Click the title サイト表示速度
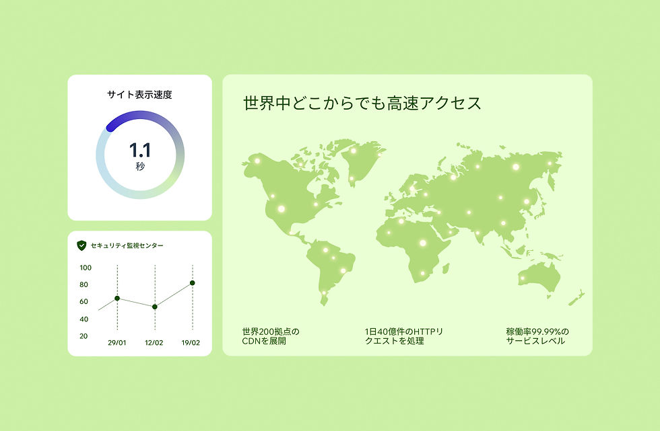point(139,95)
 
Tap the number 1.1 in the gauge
point(139,149)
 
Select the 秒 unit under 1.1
point(139,166)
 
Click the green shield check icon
point(81,245)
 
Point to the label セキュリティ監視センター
point(127,246)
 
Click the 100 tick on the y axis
point(85,268)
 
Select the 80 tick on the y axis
point(85,284)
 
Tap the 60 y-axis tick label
point(85,301)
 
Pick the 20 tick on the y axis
point(85,336)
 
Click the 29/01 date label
point(117,342)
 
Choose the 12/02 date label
point(154,342)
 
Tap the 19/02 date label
point(191,342)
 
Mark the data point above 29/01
point(117,298)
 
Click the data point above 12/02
point(155,307)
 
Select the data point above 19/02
point(192,283)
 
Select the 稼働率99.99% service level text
point(537,336)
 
